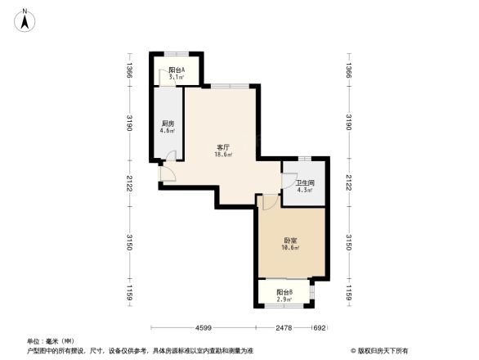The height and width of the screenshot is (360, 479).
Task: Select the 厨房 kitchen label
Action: coord(167,124)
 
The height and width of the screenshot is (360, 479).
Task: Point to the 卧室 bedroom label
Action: coord(290,240)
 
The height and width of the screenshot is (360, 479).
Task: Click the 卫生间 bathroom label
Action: coord(305,183)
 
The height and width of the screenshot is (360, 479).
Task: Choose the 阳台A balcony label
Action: coord(177,70)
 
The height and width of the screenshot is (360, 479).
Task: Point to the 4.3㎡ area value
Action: coord(305,191)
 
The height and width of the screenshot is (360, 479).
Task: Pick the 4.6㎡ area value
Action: coord(167,131)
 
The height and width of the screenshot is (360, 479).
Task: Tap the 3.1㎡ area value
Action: coord(177,78)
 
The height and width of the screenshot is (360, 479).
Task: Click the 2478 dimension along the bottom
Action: coord(284,328)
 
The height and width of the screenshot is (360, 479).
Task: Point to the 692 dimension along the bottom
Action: coord(320,328)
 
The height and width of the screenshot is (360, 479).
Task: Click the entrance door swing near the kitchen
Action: coord(166,171)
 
